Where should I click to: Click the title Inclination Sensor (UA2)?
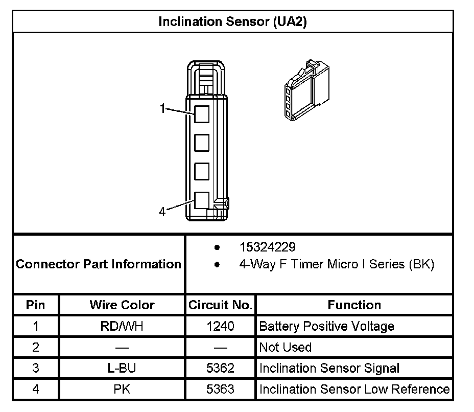232,21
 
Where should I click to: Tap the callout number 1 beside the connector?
162,108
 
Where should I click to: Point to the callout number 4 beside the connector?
162,212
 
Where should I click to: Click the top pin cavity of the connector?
202,113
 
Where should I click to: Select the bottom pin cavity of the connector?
202,199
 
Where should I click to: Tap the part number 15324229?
267,247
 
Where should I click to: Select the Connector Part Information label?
99,264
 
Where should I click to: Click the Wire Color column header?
122,305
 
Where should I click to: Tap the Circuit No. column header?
220,305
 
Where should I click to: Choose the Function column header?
354,305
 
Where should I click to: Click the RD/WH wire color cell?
122,326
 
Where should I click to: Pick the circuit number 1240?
220,326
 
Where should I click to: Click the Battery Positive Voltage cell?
326,326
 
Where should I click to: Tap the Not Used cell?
285,347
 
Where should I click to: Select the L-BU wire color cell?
122,368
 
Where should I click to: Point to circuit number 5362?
220,368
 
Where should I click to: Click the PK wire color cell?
122,389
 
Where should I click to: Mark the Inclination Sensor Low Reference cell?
354,389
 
